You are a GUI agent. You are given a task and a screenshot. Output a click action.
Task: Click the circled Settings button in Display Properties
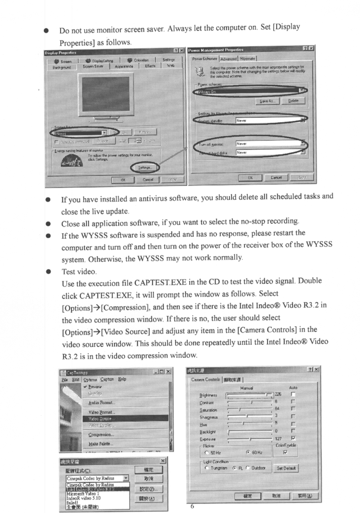point(144,167)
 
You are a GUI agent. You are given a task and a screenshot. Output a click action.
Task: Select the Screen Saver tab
point(93,66)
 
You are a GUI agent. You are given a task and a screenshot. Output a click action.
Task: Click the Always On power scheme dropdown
point(250,91)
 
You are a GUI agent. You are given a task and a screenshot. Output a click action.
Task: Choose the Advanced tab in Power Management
point(229,59)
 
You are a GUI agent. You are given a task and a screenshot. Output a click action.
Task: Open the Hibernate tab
point(248,59)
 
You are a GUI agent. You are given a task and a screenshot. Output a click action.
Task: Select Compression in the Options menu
point(100,435)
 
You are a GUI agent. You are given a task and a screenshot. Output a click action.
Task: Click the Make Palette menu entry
point(99,444)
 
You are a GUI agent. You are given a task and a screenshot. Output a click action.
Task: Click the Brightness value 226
point(278,394)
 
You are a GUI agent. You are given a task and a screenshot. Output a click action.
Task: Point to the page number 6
point(192,506)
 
